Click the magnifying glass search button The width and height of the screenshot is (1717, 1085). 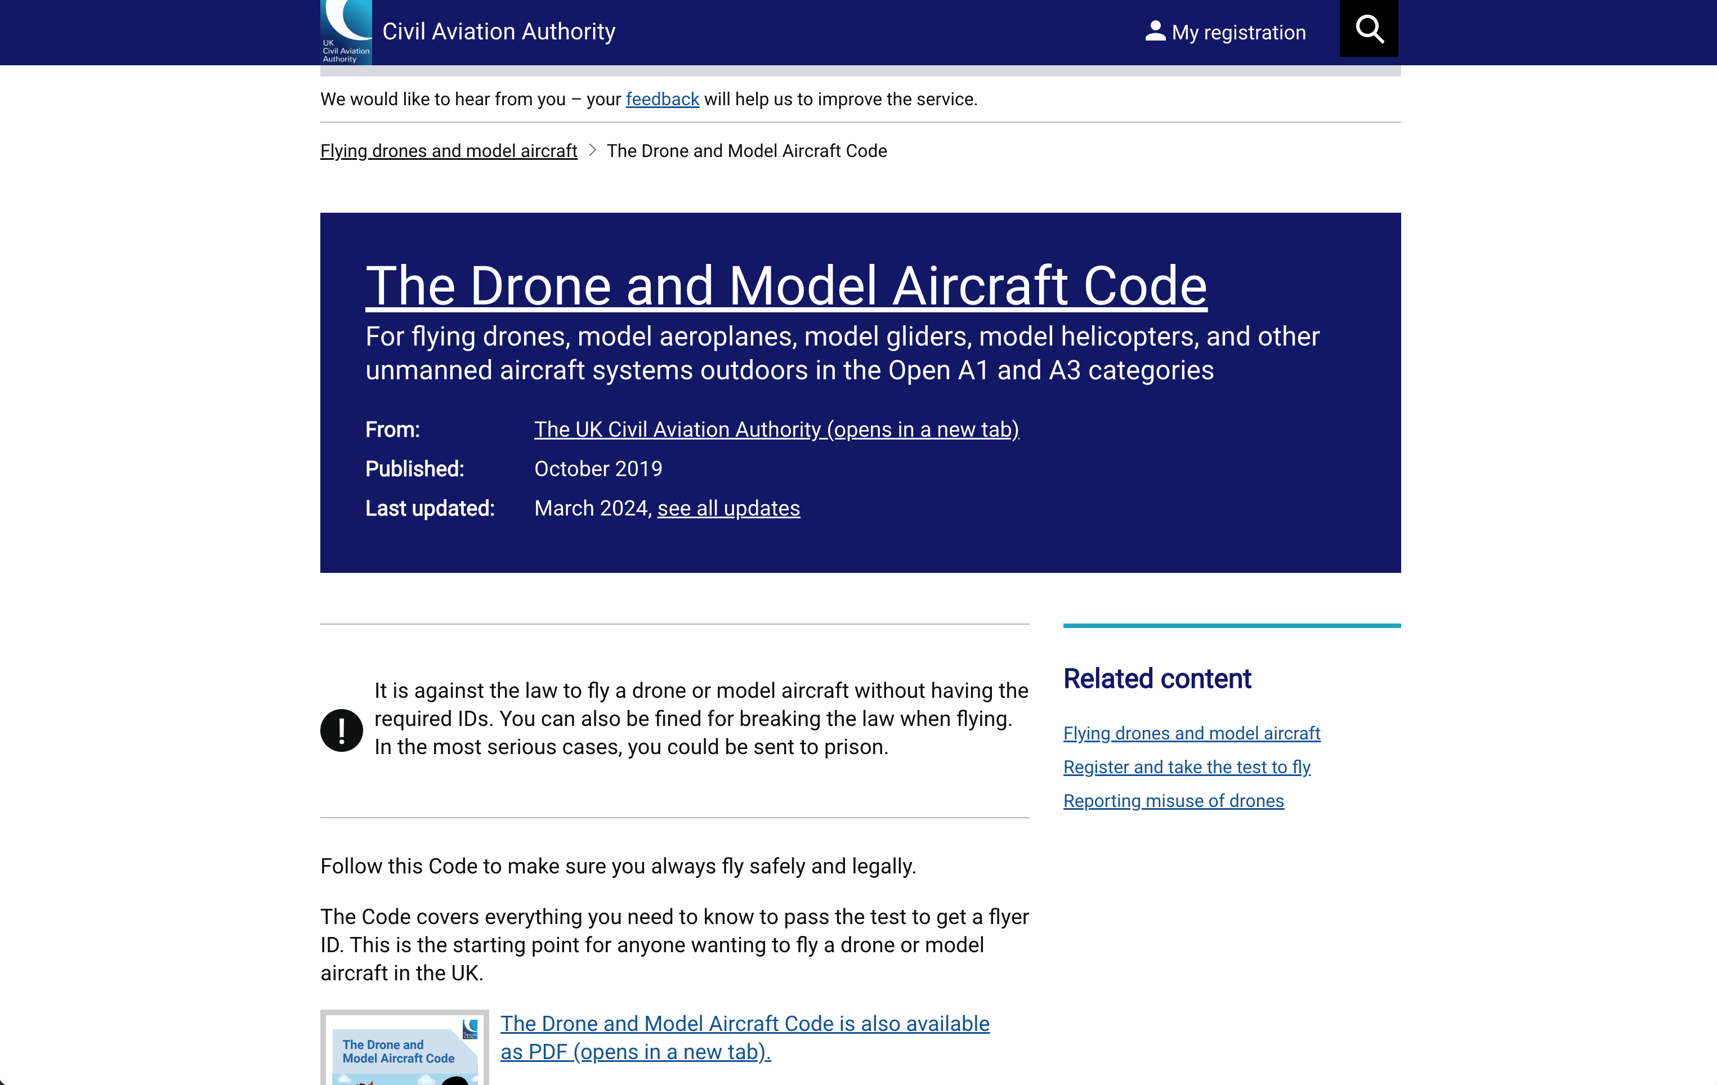pos(1369,29)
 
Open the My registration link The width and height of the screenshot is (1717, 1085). pos(1238,32)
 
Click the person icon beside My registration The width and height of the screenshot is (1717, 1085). pos(1155,32)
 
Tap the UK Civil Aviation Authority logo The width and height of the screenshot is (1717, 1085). pos(346,33)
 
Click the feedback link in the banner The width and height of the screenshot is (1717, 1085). pos(661,99)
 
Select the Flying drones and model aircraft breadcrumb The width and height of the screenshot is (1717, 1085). pos(449,151)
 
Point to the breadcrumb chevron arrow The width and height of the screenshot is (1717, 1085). pos(592,150)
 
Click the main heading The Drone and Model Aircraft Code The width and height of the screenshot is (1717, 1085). pos(786,286)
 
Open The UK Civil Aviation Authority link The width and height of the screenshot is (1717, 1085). pos(776,429)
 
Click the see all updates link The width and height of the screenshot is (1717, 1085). pos(728,508)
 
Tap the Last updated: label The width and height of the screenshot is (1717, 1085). pos(429,508)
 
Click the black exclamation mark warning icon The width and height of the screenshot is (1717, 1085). pos(342,730)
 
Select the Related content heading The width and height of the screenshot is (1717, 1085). pos(1156,679)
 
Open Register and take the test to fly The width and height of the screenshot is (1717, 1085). pos(1187,767)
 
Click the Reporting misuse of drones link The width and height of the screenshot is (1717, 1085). pos(1173,801)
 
